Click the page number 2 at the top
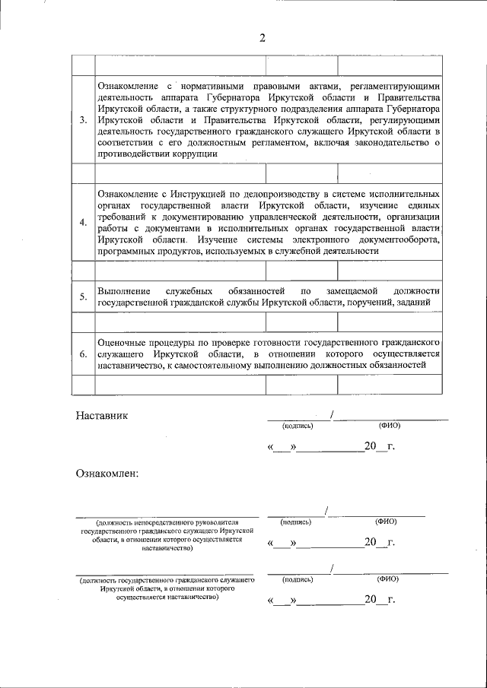pyautogui.click(x=263, y=39)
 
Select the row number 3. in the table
pyautogui.click(x=83, y=120)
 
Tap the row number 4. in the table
pyautogui.click(x=83, y=222)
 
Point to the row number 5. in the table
pyautogui.click(x=83, y=296)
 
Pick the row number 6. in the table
pyautogui.click(x=83, y=354)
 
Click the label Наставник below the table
pyautogui.click(x=103, y=416)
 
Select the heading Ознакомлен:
pyautogui.click(x=107, y=474)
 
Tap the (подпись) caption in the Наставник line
pyautogui.click(x=297, y=426)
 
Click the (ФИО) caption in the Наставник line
pyautogui.click(x=389, y=426)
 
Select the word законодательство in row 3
pyautogui.click(x=392, y=142)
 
